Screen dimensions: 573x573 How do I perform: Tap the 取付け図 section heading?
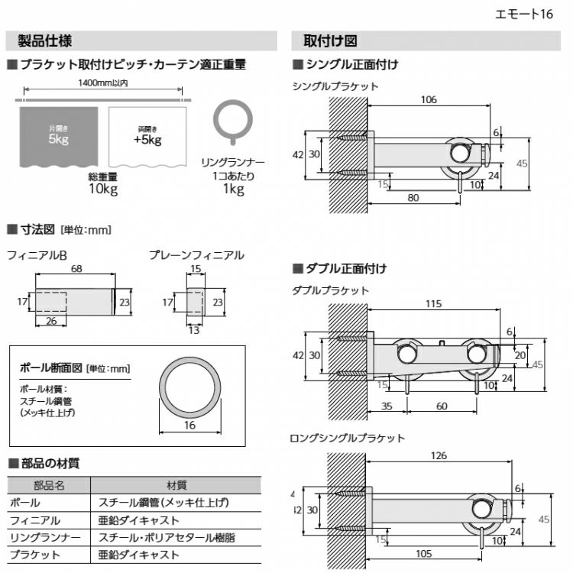pyautogui.click(x=330, y=40)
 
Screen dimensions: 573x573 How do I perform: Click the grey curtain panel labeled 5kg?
pyautogui.click(x=58, y=135)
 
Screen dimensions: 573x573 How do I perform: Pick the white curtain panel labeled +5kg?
pyautogui.click(x=147, y=135)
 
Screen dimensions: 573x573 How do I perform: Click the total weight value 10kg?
pyautogui.click(x=102, y=189)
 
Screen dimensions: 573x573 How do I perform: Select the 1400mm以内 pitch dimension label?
pyautogui.click(x=103, y=83)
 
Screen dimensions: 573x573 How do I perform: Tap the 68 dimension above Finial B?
pyautogui.click(x=77, y=269)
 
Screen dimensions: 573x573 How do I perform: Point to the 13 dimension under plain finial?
pyautogui.click(x=194, y=330)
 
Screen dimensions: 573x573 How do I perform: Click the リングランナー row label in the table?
pyautogui.click(x=45, y=538)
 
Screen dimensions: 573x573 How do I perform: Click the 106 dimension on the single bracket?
pyautogui.click(x=428, y=99)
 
